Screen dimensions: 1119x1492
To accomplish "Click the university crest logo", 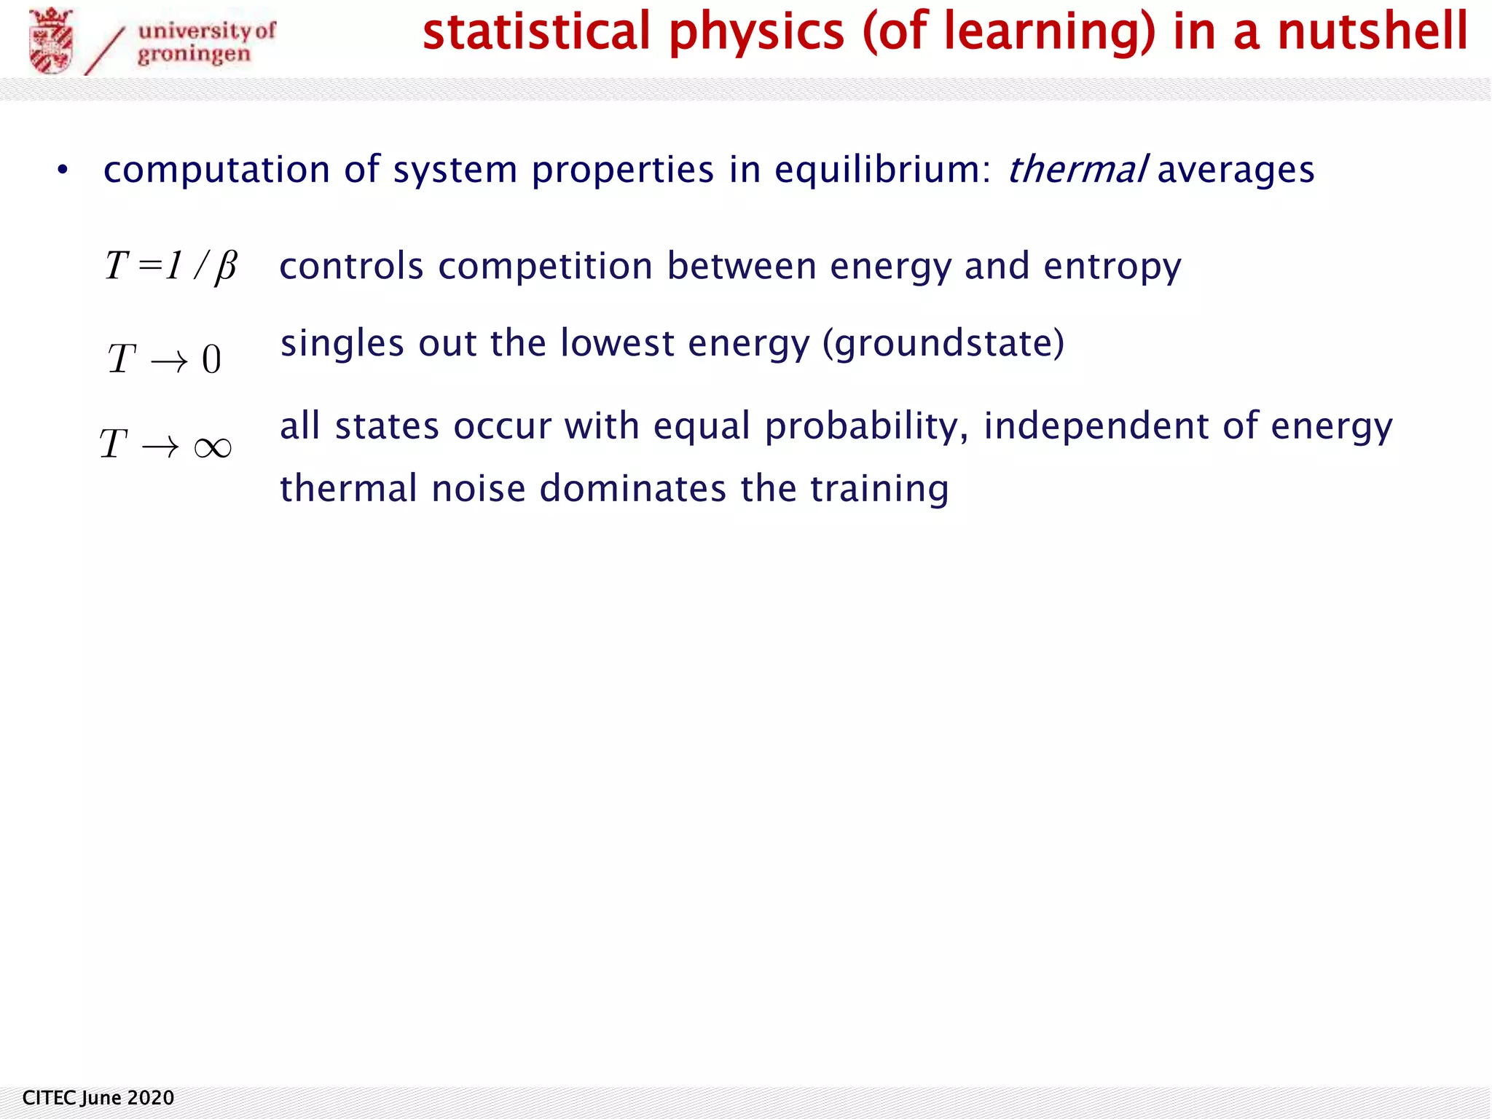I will point(51,41).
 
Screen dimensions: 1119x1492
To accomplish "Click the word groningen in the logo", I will point(194,55).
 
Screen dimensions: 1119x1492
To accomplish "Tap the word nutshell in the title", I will point(1373,32).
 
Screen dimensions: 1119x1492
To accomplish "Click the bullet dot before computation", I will point(63,170).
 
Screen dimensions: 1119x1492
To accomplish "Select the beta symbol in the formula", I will point(226,267).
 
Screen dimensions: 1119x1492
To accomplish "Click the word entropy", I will point(1112,267).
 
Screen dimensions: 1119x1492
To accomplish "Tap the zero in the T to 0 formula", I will point(211,359).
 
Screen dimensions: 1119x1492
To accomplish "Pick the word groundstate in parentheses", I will point(943,343).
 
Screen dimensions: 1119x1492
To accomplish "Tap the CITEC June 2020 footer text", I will point(98,1098).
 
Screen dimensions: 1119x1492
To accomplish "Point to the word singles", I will point(342,343).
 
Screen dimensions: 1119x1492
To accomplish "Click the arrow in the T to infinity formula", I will point(160,447).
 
